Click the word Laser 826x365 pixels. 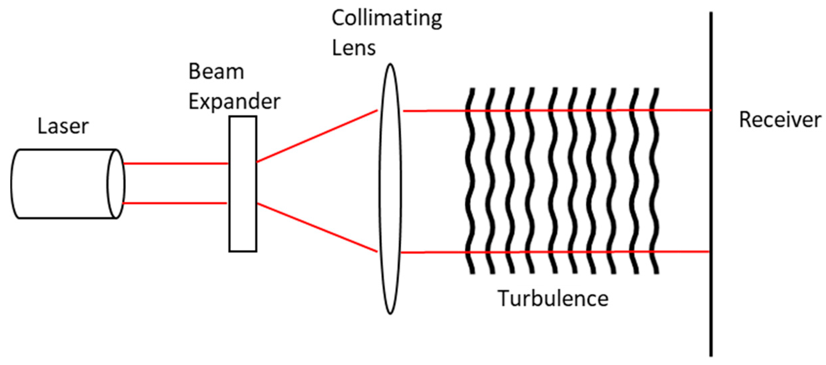(63, 127)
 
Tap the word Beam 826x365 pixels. (216, 72)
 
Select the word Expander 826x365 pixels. (234, 101)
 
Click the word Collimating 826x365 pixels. (387, 18)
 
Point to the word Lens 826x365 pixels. (354, 47)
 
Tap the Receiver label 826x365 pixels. (780, 120)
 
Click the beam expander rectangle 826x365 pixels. (243, 184)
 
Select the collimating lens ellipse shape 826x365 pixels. (390, 189)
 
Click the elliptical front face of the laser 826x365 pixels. (116, 184)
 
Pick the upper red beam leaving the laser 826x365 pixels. (175, 163)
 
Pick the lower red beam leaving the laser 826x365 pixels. (175, 203)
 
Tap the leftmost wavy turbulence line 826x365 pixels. (471, 180)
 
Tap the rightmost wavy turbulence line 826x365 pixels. (656, 180)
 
